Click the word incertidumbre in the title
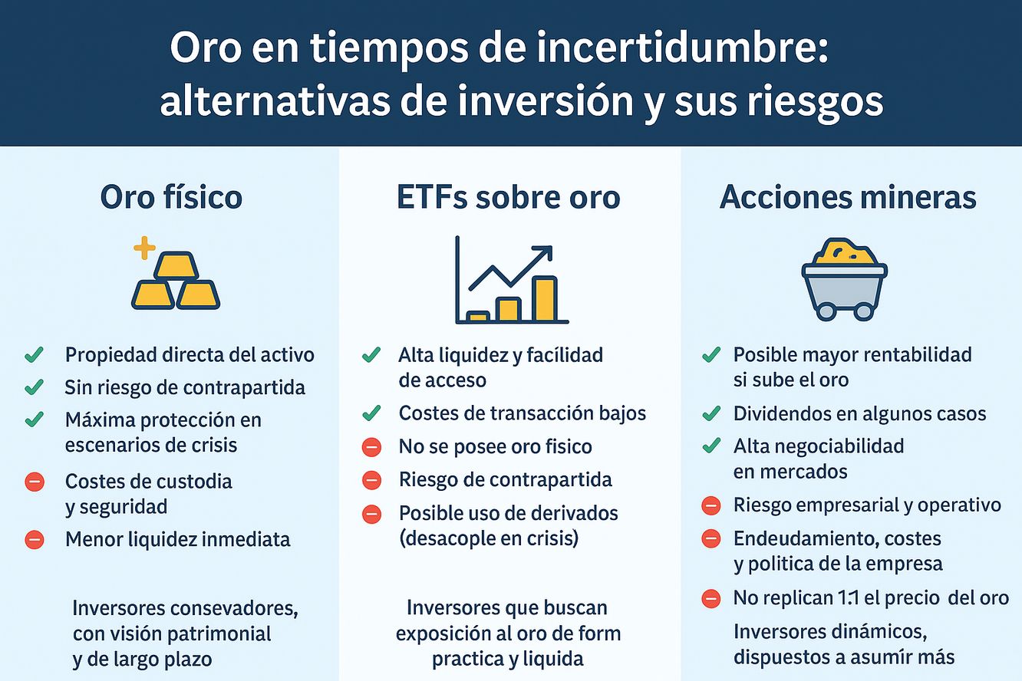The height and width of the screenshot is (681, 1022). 681,48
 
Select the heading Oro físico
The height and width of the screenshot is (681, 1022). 171,198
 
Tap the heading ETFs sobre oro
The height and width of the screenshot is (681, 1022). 509,198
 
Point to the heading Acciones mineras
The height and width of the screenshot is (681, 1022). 848,198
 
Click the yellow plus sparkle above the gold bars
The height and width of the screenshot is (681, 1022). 145,248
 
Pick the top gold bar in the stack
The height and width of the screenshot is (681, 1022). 176,265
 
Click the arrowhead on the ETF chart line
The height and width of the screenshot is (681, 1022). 545,253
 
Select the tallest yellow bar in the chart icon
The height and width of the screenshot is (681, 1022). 546,299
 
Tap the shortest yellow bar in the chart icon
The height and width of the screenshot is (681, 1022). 478,316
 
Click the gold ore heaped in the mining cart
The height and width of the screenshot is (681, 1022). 845,252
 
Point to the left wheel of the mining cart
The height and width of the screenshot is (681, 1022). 826,311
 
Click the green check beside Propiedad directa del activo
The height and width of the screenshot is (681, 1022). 35,354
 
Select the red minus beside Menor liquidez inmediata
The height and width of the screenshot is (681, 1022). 35,540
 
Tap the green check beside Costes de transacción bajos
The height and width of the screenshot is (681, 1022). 372,413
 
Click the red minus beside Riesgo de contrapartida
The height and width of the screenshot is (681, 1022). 372,480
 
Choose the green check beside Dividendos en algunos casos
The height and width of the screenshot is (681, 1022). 711,413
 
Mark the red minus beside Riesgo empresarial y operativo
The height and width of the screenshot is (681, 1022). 710,505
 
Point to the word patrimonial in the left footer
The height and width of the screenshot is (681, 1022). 218,634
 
